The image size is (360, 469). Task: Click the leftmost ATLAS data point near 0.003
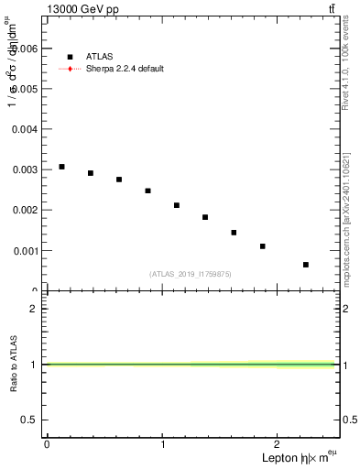pos(61,167)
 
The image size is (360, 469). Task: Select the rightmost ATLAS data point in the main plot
pos(306,265)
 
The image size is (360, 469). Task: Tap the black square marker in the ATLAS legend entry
pos(70,56)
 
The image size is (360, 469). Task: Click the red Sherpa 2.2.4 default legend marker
pos(70,69)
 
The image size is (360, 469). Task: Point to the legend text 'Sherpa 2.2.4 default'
pos(125,69)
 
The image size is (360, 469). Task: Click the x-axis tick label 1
pos(162,444)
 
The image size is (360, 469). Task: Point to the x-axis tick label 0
pos(47,444)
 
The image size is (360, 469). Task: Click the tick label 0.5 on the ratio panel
pos(32,420)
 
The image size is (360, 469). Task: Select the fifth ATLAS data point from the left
pos(176,205)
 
